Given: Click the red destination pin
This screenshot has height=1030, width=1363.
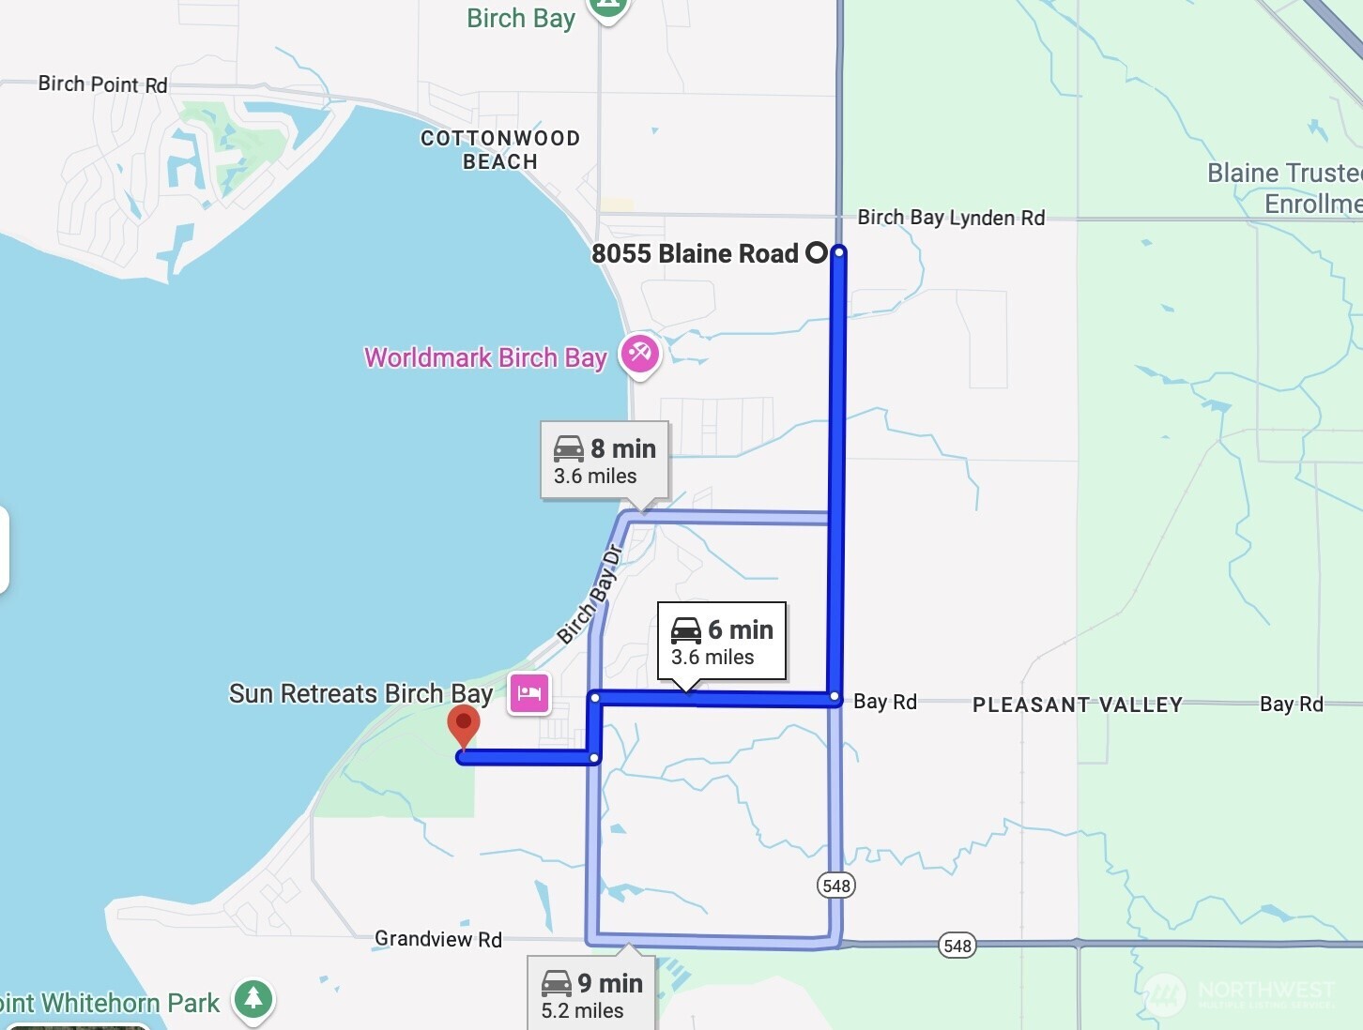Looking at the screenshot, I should [464, 725].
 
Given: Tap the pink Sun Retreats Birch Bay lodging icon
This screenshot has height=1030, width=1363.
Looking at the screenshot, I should [529, 694].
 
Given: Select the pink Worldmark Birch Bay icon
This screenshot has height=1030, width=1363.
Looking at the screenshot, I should [640, 355].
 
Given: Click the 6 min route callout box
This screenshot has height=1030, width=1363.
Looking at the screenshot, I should [722, 642].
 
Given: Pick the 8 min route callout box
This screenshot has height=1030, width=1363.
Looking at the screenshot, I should [605, 461].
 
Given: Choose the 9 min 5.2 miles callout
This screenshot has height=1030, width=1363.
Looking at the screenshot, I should [591, 994].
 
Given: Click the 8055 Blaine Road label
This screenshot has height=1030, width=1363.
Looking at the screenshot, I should [695, 253].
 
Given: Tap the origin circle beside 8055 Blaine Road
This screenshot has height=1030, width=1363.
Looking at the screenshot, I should [817, 252].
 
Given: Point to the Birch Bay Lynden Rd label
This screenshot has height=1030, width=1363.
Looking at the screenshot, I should [951, 218].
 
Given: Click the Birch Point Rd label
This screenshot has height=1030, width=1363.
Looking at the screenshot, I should [103, 84].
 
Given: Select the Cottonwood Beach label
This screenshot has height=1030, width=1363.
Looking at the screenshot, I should [500, 150].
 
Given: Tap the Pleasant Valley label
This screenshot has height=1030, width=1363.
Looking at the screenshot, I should [1077, 704].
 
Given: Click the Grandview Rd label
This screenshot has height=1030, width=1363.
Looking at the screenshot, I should [438, 939].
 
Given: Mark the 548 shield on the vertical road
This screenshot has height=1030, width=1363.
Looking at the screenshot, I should [835, 886].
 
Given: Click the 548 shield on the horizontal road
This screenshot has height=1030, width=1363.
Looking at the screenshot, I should [957, 946].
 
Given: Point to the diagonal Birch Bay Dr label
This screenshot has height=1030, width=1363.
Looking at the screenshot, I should [590, 594].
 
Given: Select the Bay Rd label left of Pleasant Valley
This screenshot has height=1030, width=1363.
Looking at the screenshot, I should [885, 702].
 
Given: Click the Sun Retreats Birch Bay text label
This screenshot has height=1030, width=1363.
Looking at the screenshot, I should [361, 694].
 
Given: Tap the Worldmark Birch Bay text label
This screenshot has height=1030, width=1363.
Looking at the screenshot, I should [485, 358].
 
